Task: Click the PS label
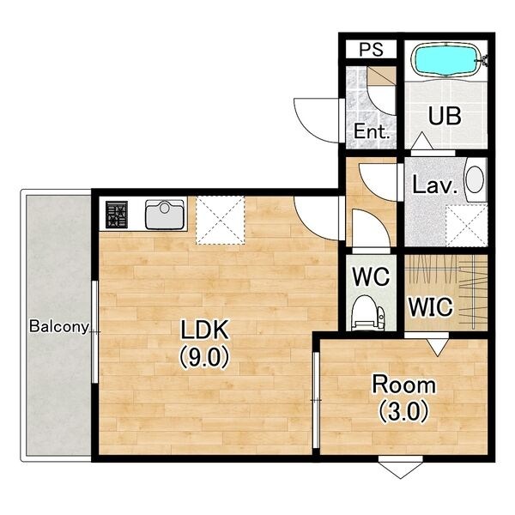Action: pyautogui.click(x=371, y=49)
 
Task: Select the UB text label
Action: pyautogui.click(x=445, y=116)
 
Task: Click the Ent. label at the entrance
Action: pyautogui.click(x=372, y=131)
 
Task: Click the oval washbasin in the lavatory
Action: pyautogui.click(x=475, y=179)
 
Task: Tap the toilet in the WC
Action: pyautogui.click(x=367, y=312)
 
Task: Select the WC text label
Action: pyautogui.click(x=371, y=276)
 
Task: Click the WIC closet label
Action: pyautogui.click(x=431, y=306)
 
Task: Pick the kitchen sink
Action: pyautogui.click(x=165, y=215)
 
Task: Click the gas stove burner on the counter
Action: pyautogui.click(x=116, y=215)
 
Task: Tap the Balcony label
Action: pyautogui.click(x=59, y=326)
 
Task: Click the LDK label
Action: pyautogui.click(x=204, y=330)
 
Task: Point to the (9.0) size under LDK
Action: pyautogui.click(x=203, y=357)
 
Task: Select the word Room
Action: pyautogui.click(x=403, y=385)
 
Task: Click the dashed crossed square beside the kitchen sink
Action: pyautogui.click(x=221, y=220)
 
